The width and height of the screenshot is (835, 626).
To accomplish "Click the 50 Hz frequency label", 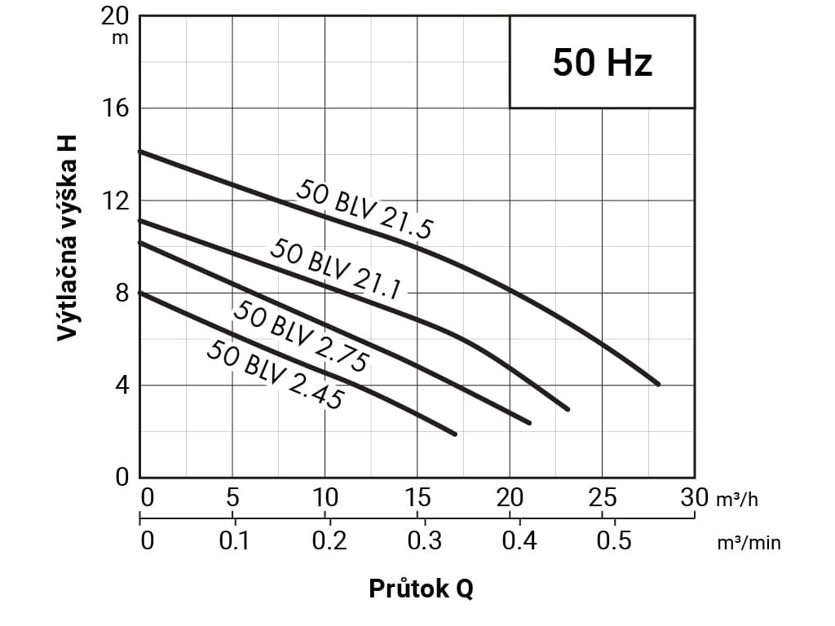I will click(602, 63).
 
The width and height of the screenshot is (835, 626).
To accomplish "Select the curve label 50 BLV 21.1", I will click(337, 269).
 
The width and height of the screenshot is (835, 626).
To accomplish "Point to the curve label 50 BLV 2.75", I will click(302, 336).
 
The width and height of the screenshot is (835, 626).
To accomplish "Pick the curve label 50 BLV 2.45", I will click(275, 374).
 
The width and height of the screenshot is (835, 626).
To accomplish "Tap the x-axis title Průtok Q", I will click(420, 589).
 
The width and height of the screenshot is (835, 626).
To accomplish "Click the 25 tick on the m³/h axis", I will click(602, 497).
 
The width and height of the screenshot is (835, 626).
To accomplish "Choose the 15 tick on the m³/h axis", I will click(417, 497).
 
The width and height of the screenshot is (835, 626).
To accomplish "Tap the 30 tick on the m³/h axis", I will click(695, 497).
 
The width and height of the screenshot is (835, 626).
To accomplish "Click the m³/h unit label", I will click(737, 499).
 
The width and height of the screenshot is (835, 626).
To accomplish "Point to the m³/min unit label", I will click(749, 542).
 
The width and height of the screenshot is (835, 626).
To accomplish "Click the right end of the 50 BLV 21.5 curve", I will click(658, 384).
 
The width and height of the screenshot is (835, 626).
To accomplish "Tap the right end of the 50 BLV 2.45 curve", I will click(455, 434).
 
